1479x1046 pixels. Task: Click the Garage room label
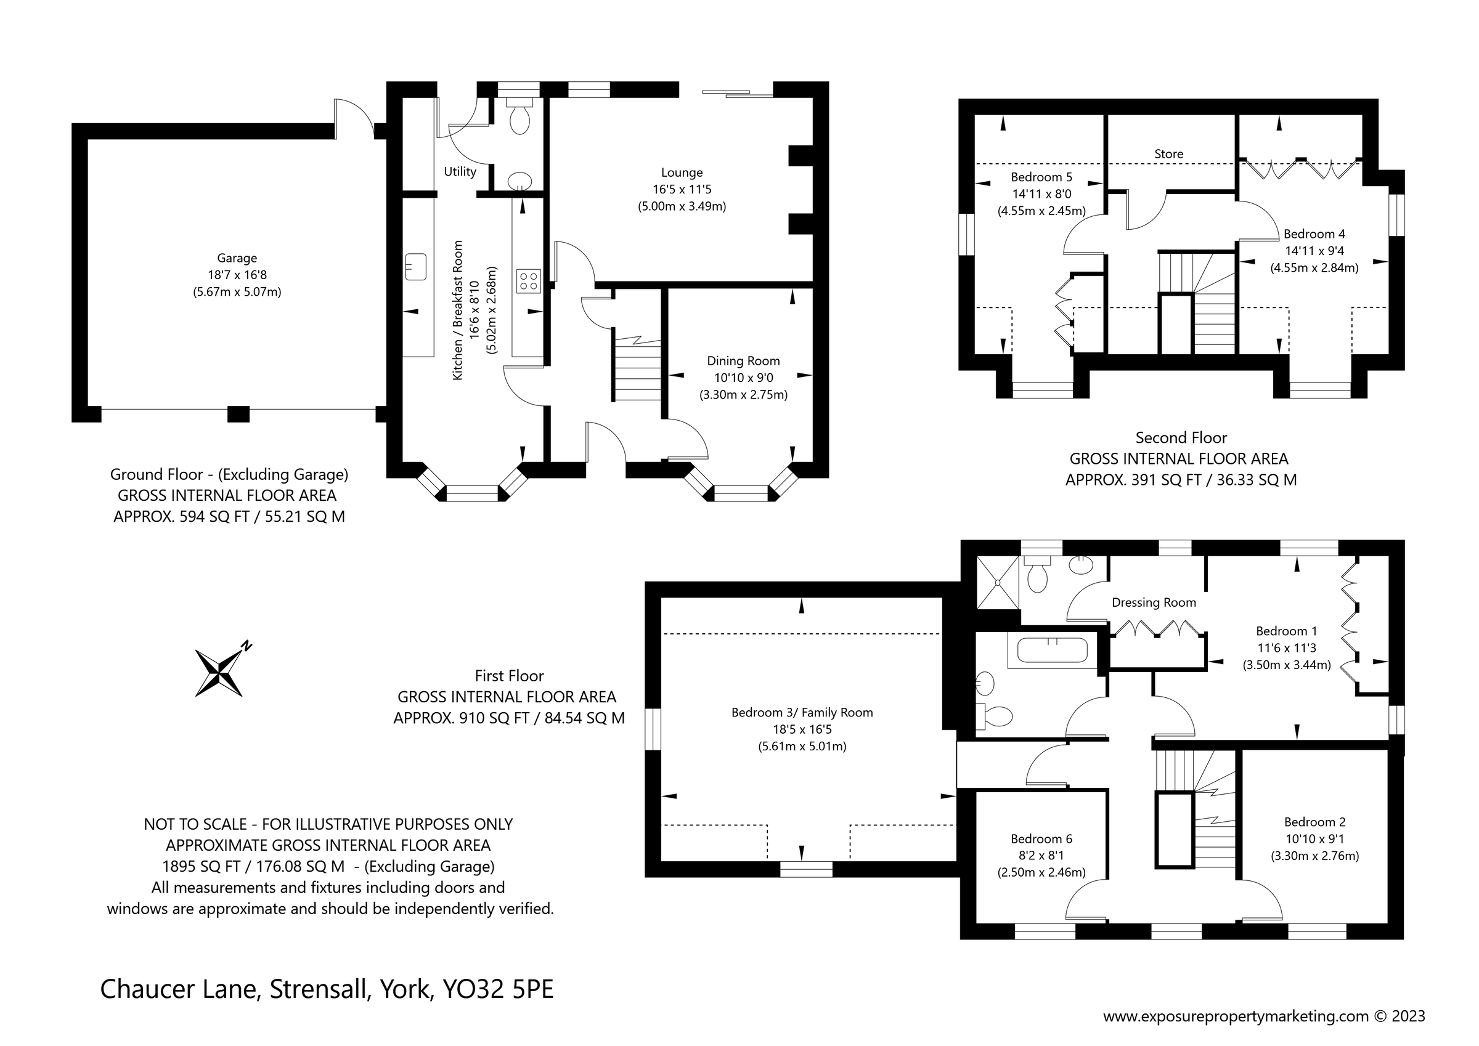tap(237, 258)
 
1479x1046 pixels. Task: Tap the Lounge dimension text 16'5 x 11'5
tap(682, 189)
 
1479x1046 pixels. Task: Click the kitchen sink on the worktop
tap(416, 267)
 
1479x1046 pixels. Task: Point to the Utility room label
tap(460, 172)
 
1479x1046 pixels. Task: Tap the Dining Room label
tap(743, 362)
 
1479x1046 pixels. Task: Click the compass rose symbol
tap(219, 673)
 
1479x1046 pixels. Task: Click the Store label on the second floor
tap(1168, 154)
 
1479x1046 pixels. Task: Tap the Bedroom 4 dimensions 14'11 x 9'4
tap(1314, 251)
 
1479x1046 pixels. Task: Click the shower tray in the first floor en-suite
tap(998, 582)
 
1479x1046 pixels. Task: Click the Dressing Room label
tap(1154, 603)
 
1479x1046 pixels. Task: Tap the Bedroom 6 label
tap(1041, 838)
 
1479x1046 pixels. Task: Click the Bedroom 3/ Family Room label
tap(802, 712)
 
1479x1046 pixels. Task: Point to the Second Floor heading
tap(1181, 438)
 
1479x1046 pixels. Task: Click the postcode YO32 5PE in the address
tap(498, 989)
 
